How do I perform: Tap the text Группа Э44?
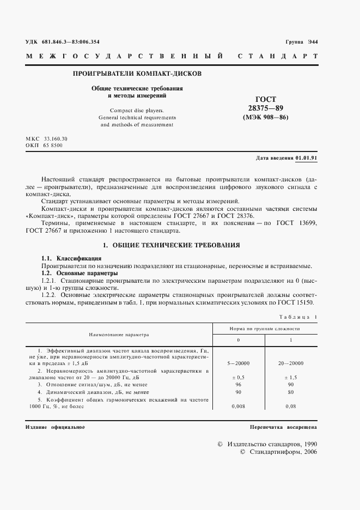pyautogui.click(x=301, y=42)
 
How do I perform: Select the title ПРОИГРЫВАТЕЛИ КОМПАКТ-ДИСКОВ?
pyautogui.click(x=137, y=73)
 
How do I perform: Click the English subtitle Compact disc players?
pyautogui.click(x=136, y=110)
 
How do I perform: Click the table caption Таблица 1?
pyautogui.click(x=298, y=317)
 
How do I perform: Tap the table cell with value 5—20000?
pyautogui.click(x=237, y=362)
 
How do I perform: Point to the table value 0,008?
pyautogui.click(x=237, y=406)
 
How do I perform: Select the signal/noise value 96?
pyautogui.click(x=237, y=384)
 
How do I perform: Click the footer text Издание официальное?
pyautogui.click(x=55, y=427)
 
